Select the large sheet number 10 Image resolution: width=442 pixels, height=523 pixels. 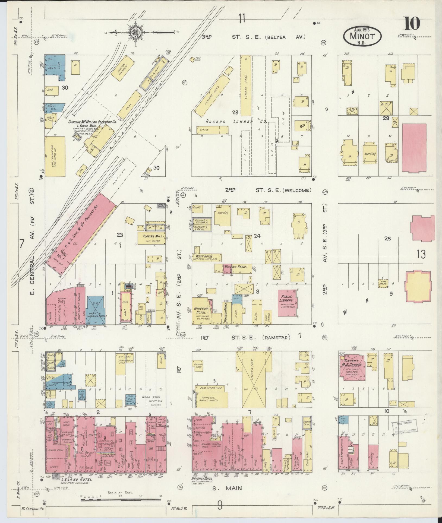pyautogui.click(x=412, y=24)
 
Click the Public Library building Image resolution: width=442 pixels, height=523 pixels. pyautogui.click(x=287, y=303)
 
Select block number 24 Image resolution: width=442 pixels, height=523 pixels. pyautogui.click(x=257, y=236)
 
